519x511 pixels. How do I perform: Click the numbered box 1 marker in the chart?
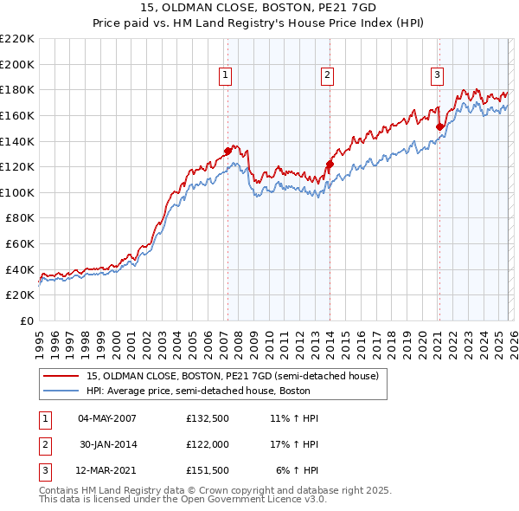(225, 76)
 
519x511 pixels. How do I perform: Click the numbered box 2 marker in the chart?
(328, 76)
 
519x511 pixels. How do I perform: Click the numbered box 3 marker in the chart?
(437, 76)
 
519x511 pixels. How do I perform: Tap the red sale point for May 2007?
(227, 150)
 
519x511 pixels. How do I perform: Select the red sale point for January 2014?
(330, 164)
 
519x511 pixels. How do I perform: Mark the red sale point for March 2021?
(439, 126)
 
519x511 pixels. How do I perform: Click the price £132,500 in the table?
(208, 418)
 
